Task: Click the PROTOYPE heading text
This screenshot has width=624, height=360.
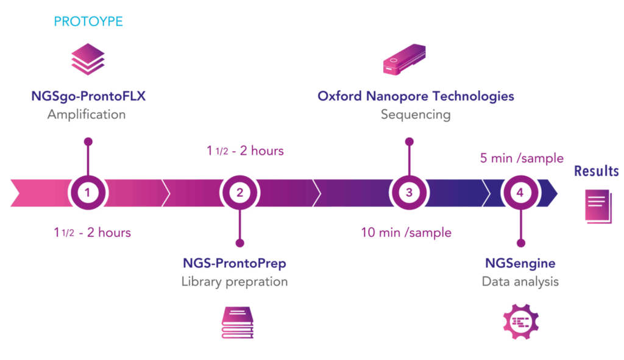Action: pos(88,22)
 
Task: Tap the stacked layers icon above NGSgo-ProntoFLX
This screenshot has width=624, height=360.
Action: pos(88,60)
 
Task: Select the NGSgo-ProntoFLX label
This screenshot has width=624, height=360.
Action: pos(88,96)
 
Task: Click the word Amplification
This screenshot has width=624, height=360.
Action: pos(87,115)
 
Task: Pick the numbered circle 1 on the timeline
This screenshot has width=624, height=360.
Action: pos(88,193)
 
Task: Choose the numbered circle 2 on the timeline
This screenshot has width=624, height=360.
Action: pos(239,193)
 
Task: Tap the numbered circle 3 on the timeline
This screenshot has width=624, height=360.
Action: pos(409,193)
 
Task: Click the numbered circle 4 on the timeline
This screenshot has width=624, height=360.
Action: pos(520,193)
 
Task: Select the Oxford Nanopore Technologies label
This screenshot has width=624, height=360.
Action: pos(416,96)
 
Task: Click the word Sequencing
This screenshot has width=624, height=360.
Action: pos(416,115)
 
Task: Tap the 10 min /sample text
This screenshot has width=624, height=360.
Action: pos(406,232)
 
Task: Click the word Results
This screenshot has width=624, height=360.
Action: pos(597,171)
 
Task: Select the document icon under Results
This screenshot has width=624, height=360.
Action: pos(598,206)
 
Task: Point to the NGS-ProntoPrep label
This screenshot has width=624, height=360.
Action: pos(235,264)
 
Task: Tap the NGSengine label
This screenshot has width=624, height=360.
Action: pos(520,264)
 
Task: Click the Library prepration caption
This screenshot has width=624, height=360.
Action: pos(235,282)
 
